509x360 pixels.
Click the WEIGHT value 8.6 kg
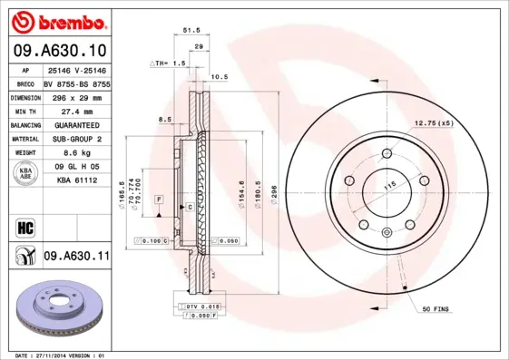pyautogui.click(x=70, y=153)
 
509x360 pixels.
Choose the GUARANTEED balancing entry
pyautogui.click(x=76, y=124)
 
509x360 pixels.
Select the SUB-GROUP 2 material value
pyautogui.click(x=76, y=139)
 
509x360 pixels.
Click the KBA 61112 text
pyautogui.click(x=76, y=180)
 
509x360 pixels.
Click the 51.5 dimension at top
pyautogui.click(x=191, y=30)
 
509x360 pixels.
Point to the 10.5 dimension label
pyautogui.click(x=219, y=77)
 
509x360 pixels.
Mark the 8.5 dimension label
pyautogui.click(x=164, y=119)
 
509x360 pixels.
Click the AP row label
pyautogui.click(x=26, y=69)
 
